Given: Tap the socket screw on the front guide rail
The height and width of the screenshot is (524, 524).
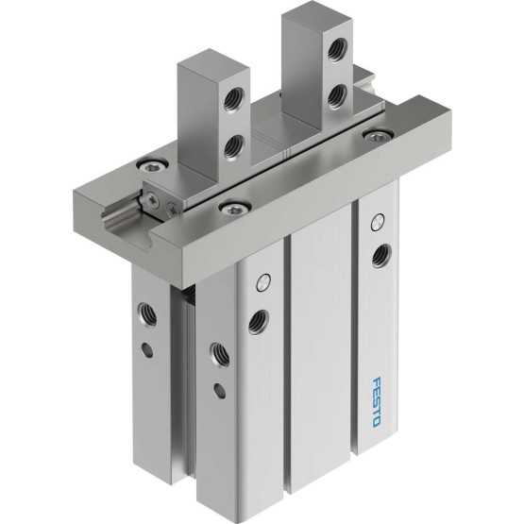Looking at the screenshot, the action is tap(234, 208).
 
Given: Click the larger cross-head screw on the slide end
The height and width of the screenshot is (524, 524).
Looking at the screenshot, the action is tap(153, 200).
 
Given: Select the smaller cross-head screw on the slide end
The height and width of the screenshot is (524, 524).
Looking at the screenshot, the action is tap(173, 210).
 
